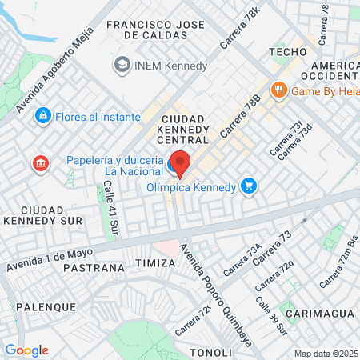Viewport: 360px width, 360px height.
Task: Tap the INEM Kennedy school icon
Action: (122, 63)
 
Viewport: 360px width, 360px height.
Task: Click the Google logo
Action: (26, 350)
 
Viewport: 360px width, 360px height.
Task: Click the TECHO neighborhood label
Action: (289, 51)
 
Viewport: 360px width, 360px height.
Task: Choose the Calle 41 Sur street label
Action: (109, 210)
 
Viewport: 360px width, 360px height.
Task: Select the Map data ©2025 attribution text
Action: (326, 354)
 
